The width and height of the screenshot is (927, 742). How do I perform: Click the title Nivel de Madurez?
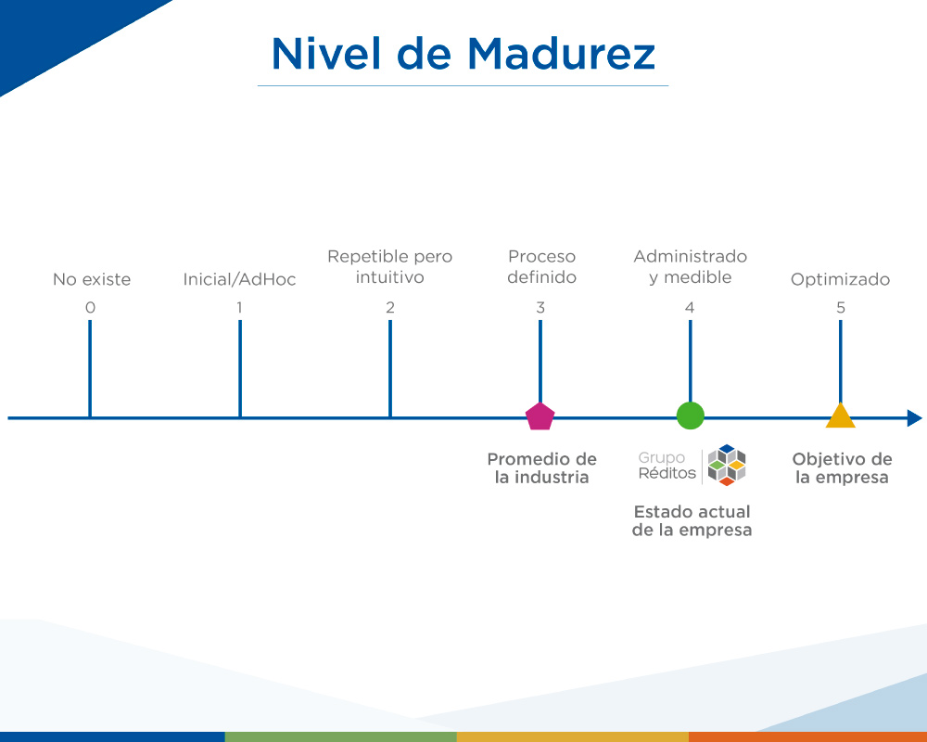tap(463, 54)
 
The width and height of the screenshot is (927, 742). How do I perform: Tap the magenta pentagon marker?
tap(540, 416)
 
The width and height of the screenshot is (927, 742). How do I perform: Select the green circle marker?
tap(690, 416)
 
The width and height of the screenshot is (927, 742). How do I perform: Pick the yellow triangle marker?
tap(840, 416)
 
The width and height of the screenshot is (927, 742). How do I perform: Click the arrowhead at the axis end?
tap(915, 418)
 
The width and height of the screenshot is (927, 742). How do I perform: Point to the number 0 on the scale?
tap(90, 308)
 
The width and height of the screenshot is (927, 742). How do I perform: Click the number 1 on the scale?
tap(239, 308)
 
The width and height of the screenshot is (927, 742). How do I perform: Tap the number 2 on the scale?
tap(390, 308)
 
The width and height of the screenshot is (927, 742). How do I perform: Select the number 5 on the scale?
tap(841, 308)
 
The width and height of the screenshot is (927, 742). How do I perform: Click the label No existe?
tap(92, 279)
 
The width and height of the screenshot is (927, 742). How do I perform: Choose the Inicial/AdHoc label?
tap(239, 279)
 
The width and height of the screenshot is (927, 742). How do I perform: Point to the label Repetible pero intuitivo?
tap(390, 267)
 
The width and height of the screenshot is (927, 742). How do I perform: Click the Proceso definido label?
tap(541, 267)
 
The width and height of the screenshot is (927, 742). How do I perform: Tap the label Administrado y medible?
tap(691, 267)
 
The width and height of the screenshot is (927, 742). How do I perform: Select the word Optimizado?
tap(840, 279)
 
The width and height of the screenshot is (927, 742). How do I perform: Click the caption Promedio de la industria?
tap(541, 468)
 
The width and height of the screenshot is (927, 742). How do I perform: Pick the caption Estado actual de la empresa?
tap(692, 520)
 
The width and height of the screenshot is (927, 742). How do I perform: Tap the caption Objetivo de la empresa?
tap(842, 468)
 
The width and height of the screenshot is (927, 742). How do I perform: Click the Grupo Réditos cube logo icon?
tap(727, 465)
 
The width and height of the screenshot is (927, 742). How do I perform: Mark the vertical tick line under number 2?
tap(390, 368)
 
